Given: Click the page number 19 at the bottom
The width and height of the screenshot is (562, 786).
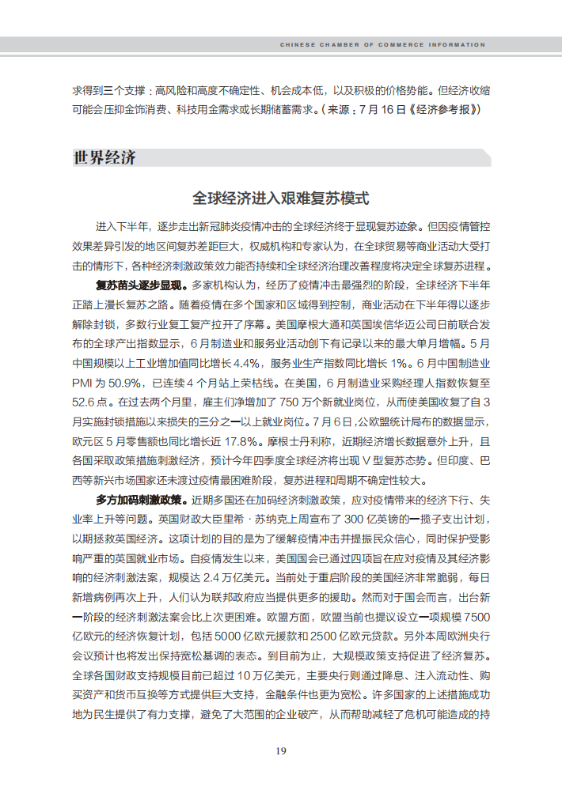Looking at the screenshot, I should point(280,750).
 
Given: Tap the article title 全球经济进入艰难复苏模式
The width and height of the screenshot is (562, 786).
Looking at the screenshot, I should point(281,198).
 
